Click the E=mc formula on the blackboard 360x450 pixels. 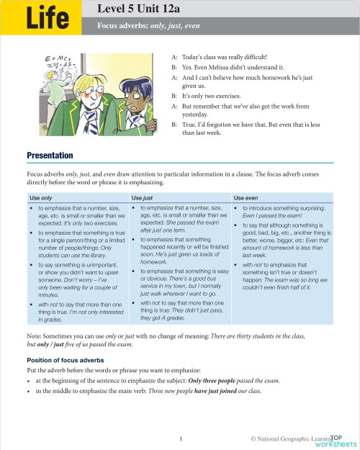point(55,59)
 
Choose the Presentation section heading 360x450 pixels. point(50,156)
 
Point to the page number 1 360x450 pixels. point(181,438)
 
